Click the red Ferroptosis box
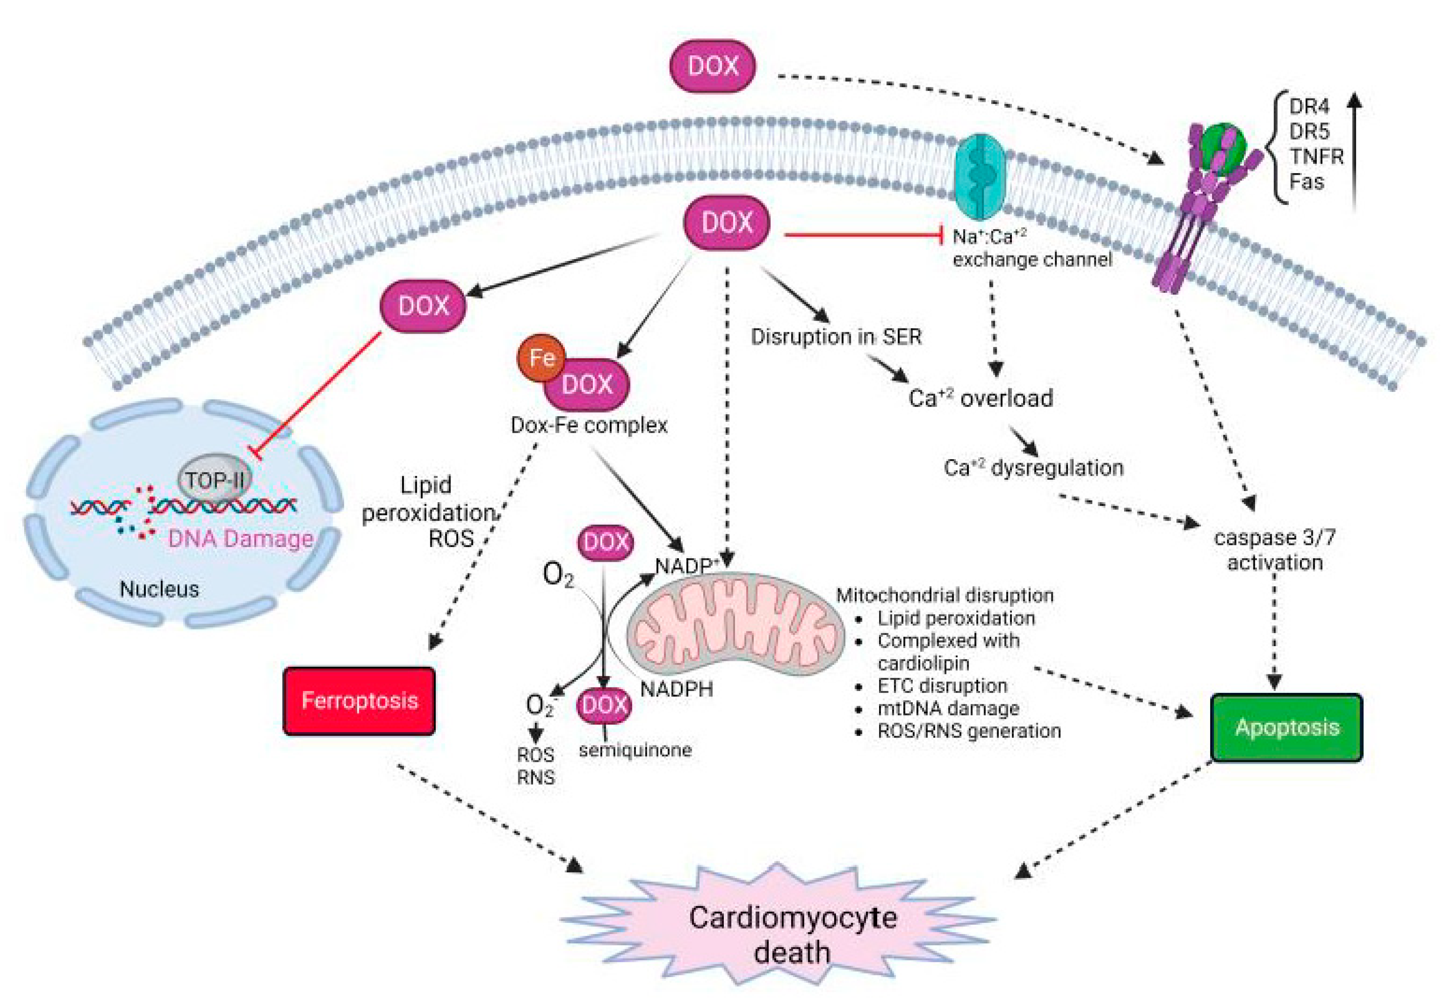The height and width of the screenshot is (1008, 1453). [x=359, y=700]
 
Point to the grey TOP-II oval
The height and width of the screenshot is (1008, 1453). [x=214, y=480]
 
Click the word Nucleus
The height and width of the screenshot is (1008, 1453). [x=159, y=589]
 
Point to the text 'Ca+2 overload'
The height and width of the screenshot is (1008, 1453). [x=980, y=399]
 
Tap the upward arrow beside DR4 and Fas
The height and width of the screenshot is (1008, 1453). [x=1354, y=152]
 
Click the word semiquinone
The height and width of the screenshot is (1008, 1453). [x=635, y=750]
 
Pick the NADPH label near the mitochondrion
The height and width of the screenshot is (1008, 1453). [x=676, y=689]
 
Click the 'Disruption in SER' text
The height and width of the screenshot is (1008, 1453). [x=836, y=337]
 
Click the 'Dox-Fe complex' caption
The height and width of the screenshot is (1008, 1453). [x=588, y=425]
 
